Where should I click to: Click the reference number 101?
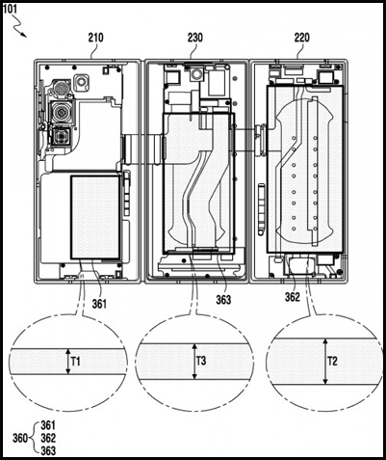point(10,9)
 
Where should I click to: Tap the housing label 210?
point(96,38)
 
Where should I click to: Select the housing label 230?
point(195,38)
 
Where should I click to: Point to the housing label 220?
point(302,38)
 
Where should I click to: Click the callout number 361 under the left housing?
point(99,304)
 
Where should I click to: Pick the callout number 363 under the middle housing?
point(223,300)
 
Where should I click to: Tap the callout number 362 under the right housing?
point(293,297)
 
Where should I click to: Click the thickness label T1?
point(76,362)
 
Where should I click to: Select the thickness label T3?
point(201,361)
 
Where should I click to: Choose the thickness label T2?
point(333,362)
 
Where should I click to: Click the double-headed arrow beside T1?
point(67,362)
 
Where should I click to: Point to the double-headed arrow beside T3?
point(193,362)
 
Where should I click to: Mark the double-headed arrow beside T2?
point(325,361)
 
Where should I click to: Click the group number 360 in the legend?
point(20,438)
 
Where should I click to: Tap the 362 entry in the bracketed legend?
point(48,438)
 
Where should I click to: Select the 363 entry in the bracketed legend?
point(48,450)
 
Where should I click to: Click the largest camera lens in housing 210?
point(61,112)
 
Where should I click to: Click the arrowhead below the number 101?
point(24,35)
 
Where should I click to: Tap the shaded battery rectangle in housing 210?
point(95,217)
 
